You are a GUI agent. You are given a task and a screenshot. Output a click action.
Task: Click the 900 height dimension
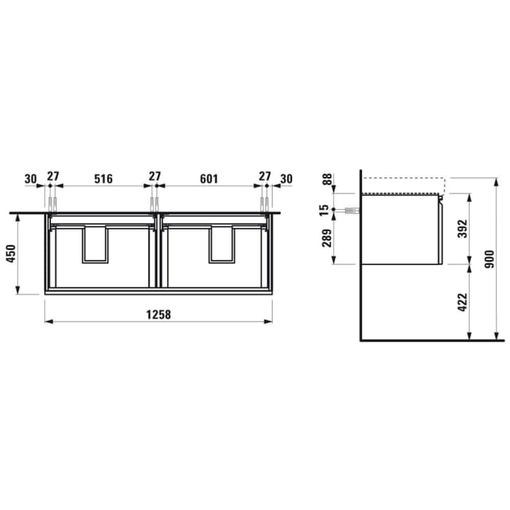tap(490, 257)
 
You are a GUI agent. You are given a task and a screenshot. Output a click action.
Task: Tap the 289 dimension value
tap(327, 238)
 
